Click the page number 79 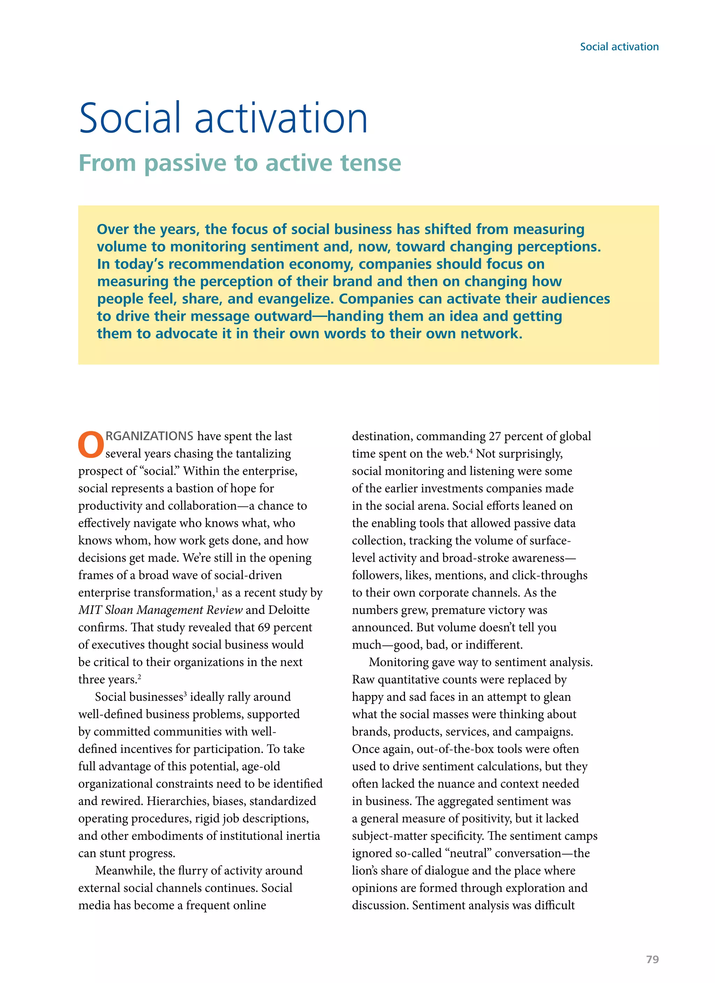coord(652,959)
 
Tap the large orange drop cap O coord(91,445)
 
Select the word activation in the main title coord(281,118)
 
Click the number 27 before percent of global coord(495,436)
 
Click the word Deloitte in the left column coord(289,610)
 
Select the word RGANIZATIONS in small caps coord(149,436)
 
